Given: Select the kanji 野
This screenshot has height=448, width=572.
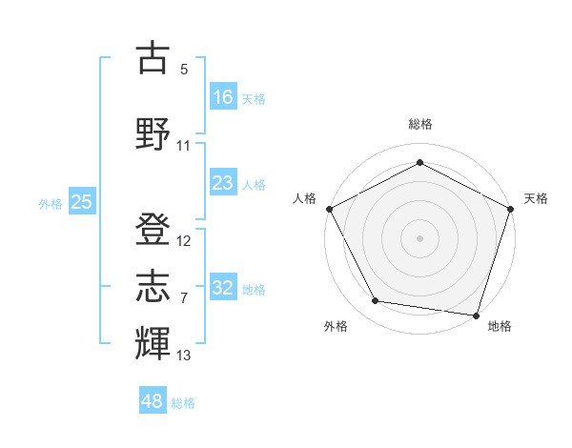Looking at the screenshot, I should click(153, 132).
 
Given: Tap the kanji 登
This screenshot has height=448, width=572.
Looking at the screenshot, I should click(153, 228).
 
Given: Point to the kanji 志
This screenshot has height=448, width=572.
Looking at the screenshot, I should click(153, 285).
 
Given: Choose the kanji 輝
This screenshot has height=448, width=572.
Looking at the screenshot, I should click(153, 342).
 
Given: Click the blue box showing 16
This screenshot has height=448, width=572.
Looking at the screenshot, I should click(223, 96).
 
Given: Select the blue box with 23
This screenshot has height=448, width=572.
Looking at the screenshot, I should click(223, 184).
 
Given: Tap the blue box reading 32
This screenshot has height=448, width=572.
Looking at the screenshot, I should click(223, 288).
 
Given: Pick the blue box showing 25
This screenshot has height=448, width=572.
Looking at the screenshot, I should click(81, 201).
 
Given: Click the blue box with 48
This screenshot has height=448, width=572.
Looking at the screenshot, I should click(153, 401).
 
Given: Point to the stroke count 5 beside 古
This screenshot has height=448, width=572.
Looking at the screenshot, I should click(184, 70).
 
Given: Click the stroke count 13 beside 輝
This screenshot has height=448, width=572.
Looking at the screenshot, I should click(184, 356).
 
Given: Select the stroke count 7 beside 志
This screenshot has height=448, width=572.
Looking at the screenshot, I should click(184, 298).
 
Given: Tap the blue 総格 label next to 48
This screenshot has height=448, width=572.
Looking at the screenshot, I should click(183, 403).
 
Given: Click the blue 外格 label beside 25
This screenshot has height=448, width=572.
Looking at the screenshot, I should click(51, 203).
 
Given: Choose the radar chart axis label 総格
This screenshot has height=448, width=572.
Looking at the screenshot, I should click(419, 124).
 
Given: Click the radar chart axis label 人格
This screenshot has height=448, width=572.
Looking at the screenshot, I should click(305, 198).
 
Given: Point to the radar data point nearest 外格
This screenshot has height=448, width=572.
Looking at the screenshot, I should click(376, 301).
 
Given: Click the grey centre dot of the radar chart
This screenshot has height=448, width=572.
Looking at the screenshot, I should click(419, 237).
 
